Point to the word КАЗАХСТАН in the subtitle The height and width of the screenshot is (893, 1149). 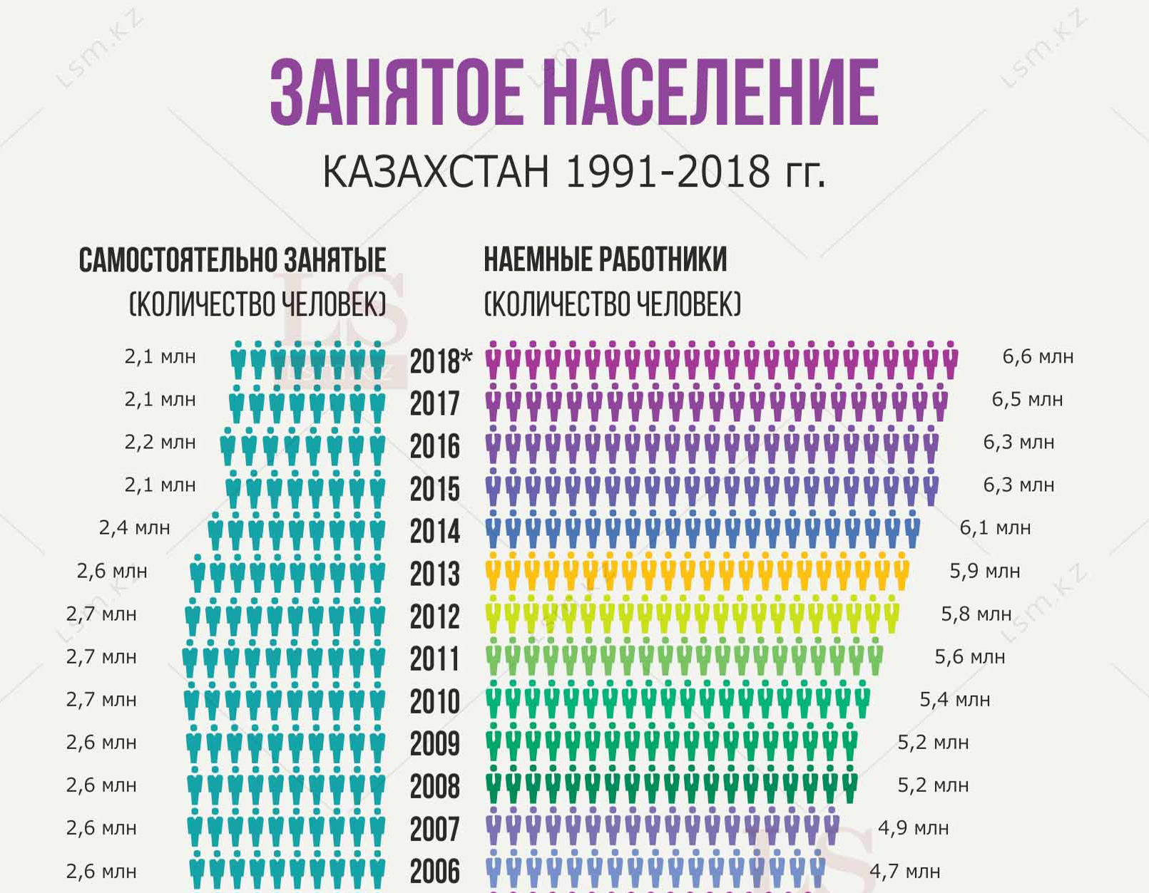tap(436, 172)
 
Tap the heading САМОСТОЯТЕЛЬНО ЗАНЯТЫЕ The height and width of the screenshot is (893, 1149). tap(233, 260)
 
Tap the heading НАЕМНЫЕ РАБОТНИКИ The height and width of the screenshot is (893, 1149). tap(606, 259)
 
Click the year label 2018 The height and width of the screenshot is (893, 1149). tap(434, 361)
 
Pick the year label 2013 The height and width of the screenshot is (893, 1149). tap(434, 574)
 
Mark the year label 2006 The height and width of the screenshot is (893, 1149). tap(434, 872)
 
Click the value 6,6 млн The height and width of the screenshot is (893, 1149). tap(1038, 356)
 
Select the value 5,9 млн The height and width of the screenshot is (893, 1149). tap(984, 571)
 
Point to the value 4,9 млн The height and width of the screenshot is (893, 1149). tap(913, 828)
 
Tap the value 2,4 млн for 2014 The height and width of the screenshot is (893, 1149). tap(134, 528)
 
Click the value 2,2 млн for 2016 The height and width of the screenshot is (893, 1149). tap(160, 443)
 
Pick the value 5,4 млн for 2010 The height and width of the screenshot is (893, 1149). tap(954, 700)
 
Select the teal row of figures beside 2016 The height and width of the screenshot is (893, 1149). tap(303, 446)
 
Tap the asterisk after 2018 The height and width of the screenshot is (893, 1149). tap(466, 355)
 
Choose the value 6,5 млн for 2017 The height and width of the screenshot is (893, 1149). tap(1027, 399)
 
